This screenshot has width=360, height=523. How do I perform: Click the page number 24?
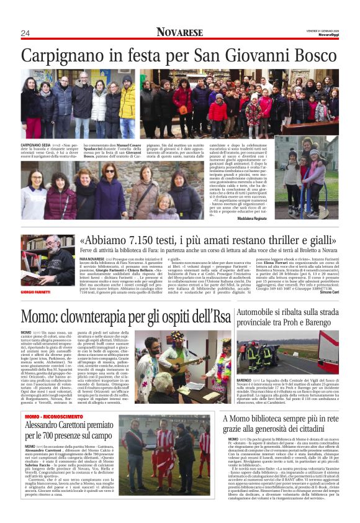[x=25, y=33]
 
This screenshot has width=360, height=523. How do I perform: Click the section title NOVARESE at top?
[x=179, y=32]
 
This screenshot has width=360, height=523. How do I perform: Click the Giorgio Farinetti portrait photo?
[x=47, y=259]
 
